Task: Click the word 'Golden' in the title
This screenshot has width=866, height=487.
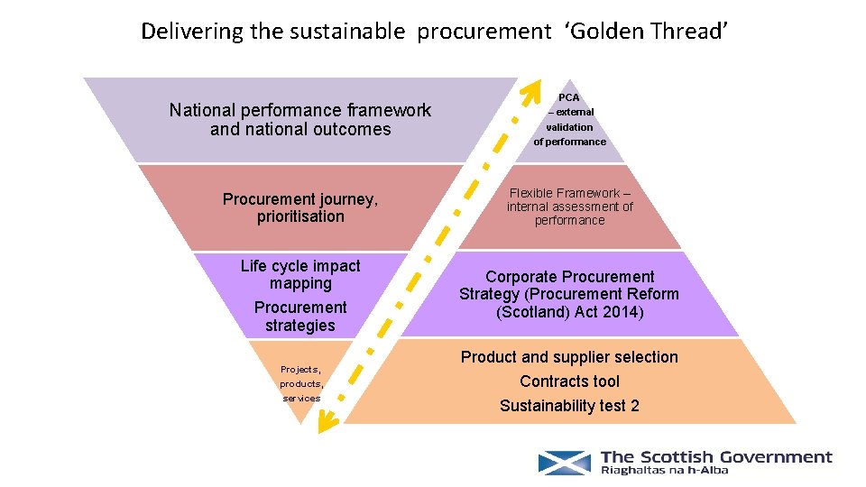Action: point(606,32)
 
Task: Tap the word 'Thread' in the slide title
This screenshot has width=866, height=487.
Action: point(686,32)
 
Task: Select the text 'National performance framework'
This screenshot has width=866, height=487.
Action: point(300,110)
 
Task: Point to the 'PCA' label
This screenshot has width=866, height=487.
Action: point(569,97)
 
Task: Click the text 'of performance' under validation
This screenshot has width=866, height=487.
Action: point(569,142)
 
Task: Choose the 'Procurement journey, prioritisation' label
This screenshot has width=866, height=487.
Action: point(300,207)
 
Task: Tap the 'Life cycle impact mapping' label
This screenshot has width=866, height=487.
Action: point(300,274)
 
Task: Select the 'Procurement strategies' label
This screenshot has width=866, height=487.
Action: point(300,316)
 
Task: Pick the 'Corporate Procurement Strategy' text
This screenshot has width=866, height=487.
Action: point(569,285)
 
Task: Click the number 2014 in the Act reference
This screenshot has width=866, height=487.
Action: point(625,312)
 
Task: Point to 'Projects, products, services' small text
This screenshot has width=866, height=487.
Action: point(300,383)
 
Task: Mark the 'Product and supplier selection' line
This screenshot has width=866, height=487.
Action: point(569,357)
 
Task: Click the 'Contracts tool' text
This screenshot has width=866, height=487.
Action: point(569,381)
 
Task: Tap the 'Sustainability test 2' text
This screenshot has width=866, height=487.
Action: point(569,406)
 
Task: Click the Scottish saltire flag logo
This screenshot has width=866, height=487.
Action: point(565,463)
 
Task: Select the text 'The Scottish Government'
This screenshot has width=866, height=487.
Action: point(716,457)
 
